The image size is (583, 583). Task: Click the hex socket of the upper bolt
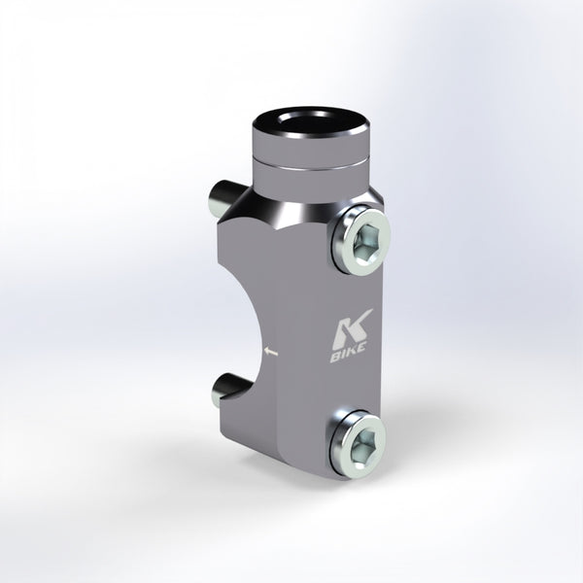[366, 245]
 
